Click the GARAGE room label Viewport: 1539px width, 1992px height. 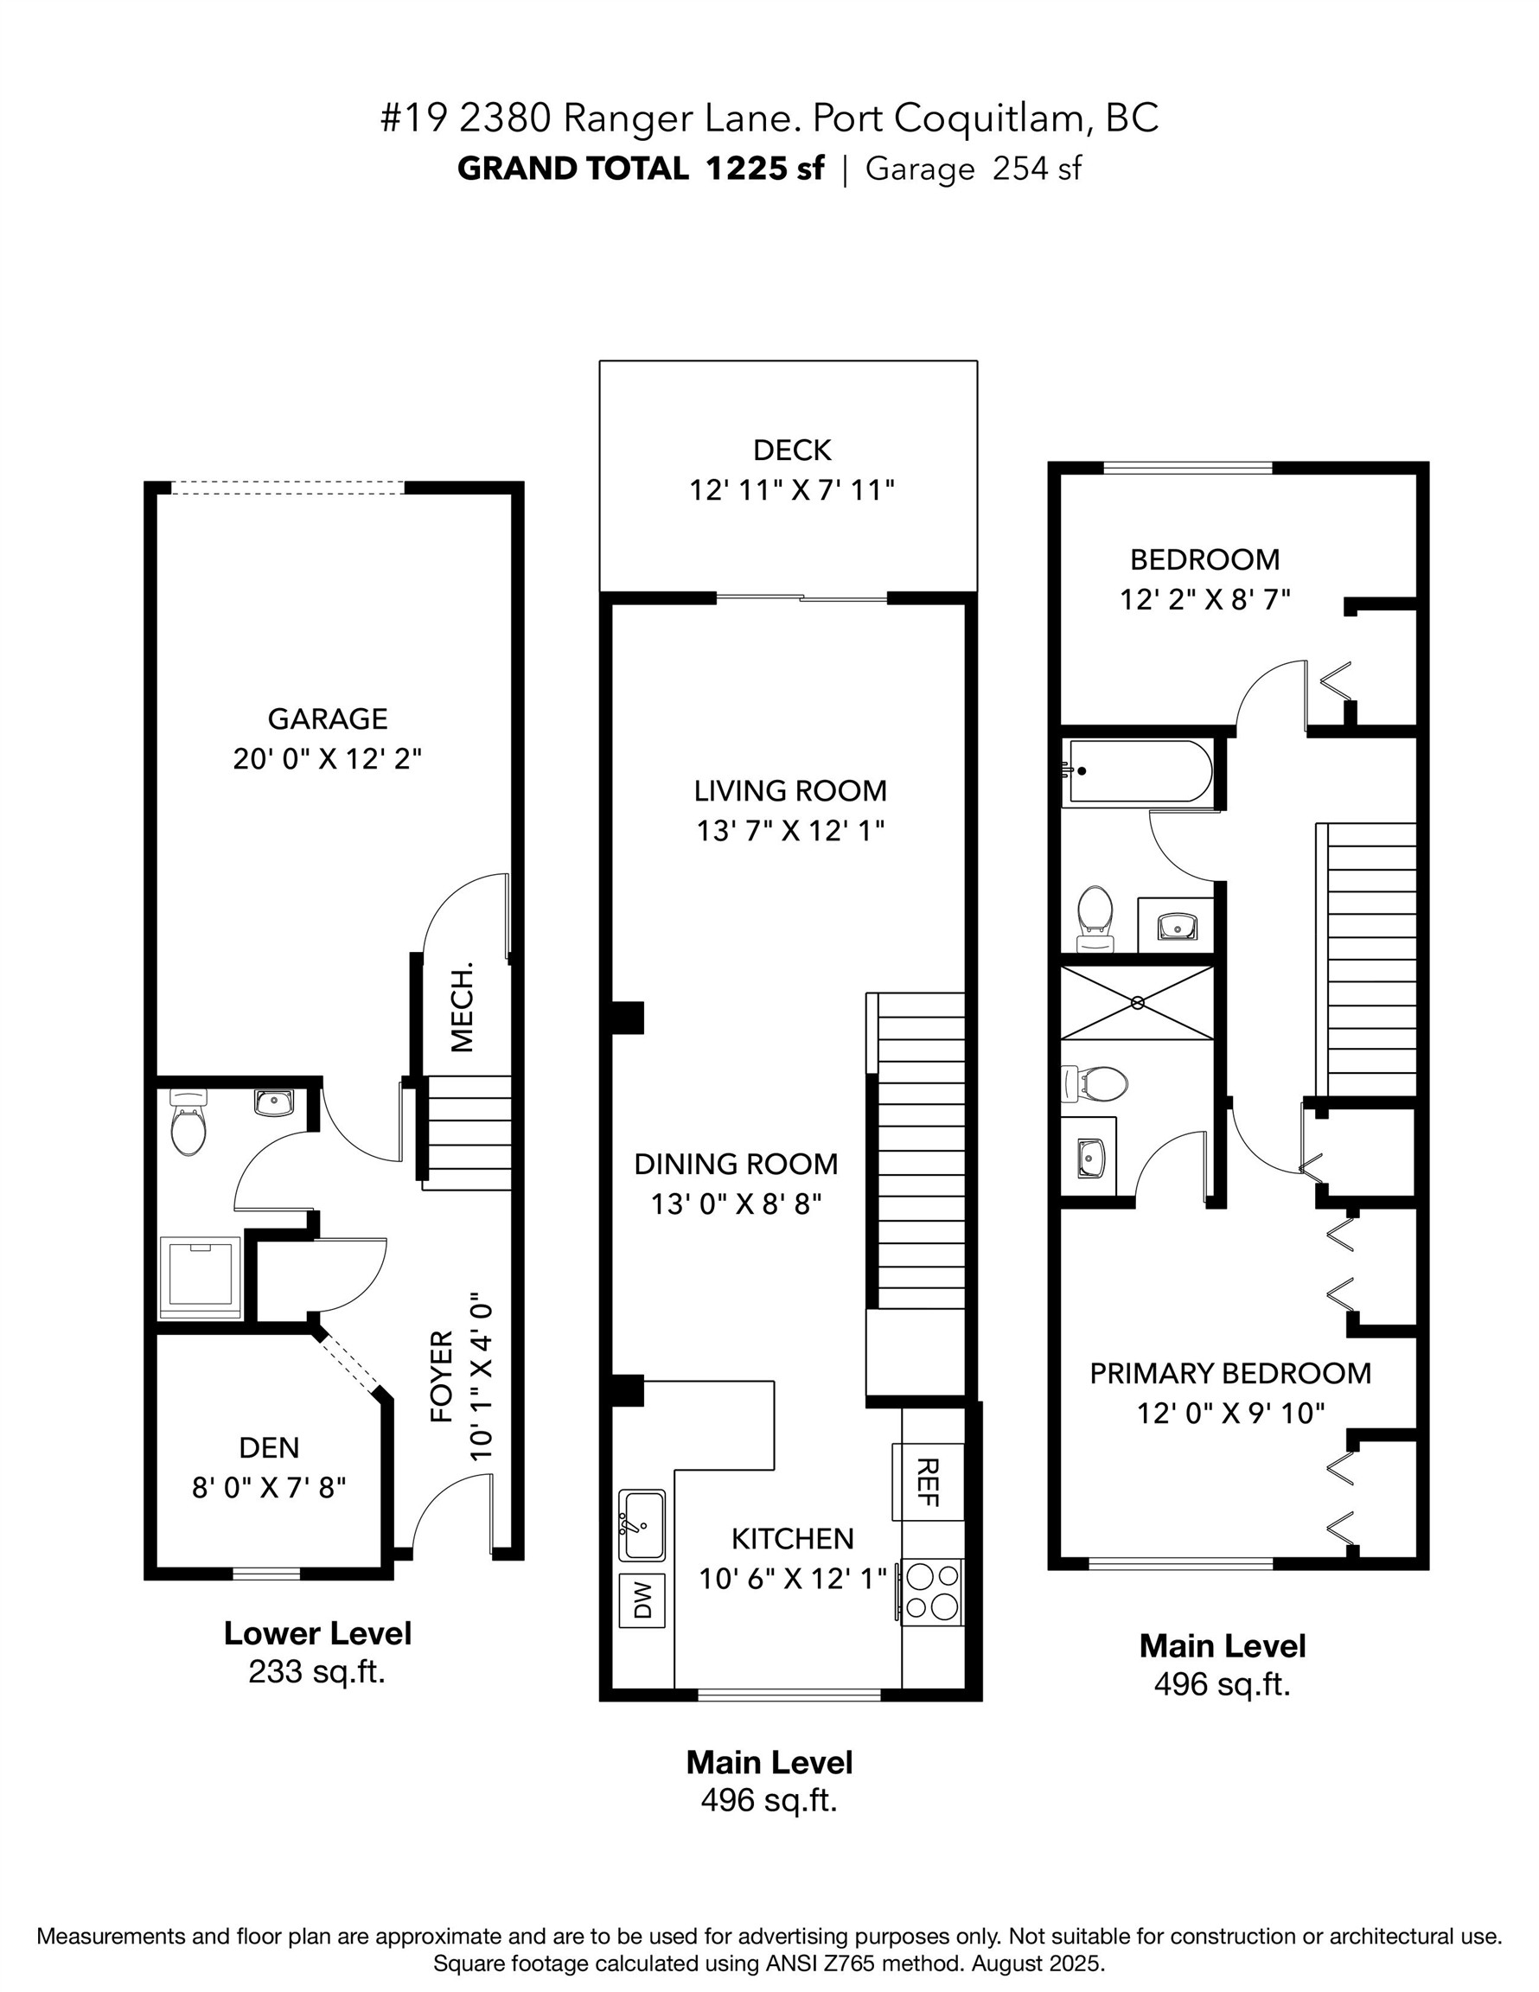coord(328,718)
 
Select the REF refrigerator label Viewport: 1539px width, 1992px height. coord(928,1481)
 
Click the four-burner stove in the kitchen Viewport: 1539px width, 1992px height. coord(932,1592)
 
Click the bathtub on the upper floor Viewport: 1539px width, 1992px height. coord(1140,770)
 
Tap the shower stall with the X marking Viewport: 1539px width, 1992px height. coord(1138,1002)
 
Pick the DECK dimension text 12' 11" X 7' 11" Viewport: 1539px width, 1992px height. coord(791,491)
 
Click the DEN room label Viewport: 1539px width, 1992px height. coord(269,1447)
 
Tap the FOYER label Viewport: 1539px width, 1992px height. coord(443,1376)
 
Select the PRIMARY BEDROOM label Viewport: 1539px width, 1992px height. coord(1229,1374)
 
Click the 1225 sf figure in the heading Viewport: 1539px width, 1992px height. coord(764,169)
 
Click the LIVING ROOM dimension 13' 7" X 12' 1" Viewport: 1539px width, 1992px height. coord(791,831)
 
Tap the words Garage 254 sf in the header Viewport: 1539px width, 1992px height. coord(973,169)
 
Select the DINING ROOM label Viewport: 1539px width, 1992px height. coord(735,1165)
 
